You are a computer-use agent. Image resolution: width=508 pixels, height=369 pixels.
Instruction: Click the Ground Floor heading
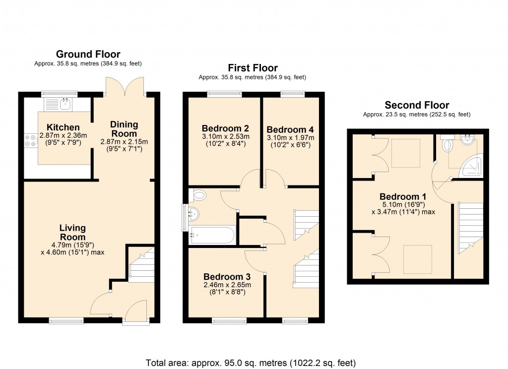[88, 54]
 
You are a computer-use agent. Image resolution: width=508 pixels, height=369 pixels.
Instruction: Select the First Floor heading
[253, 68]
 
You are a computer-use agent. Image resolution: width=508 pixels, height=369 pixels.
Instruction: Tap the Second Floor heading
[417, 105]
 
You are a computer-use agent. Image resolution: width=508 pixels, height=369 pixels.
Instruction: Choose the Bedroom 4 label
[290, 129]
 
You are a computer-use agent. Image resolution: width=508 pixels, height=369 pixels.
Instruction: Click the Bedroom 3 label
[227, 276]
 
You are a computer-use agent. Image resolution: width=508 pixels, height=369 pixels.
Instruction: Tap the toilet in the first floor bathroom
[199, 194]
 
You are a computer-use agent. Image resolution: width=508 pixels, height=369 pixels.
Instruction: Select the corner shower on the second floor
[471, 165]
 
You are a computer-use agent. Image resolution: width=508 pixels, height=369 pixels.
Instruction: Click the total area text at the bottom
[250, 362]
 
